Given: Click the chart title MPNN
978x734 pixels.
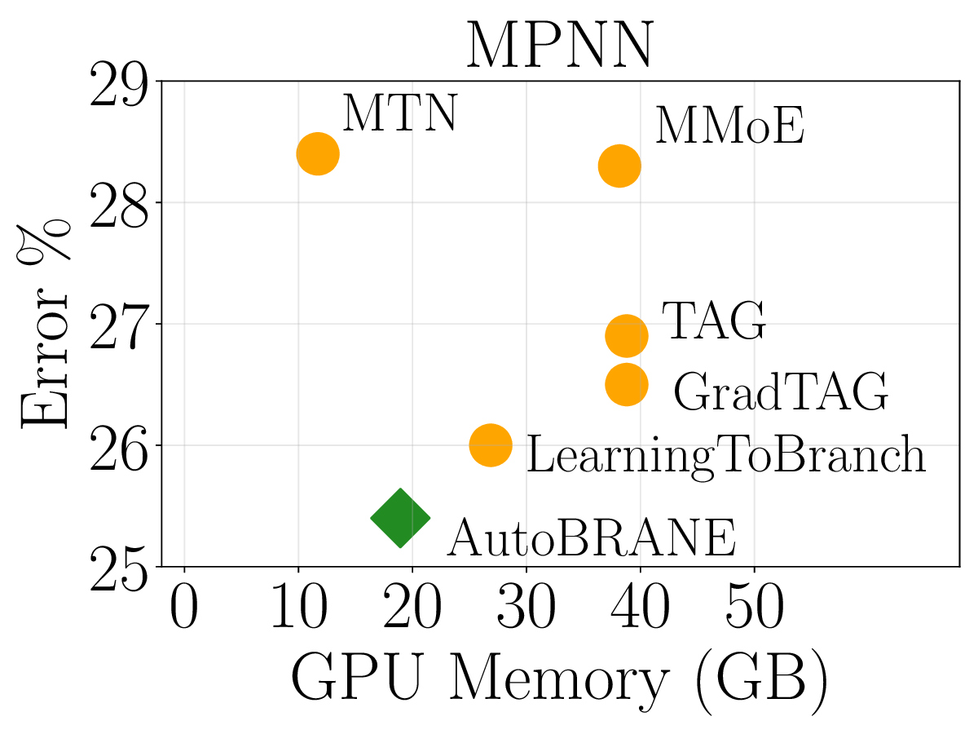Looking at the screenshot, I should [559, 47].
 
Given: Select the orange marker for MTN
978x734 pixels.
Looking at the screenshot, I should [318, 153].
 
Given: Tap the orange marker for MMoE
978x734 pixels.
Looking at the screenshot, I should [619, 166].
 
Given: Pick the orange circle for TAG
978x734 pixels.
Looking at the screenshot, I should [627, 335].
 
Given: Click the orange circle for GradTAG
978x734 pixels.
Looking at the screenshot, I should [627, 384].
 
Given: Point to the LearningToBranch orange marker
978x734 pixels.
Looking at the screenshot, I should [491, 445].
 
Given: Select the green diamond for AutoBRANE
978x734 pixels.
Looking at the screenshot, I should [400, 518].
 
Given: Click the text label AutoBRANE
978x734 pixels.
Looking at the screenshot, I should [591, 537].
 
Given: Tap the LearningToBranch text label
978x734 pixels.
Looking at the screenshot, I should [725, 455].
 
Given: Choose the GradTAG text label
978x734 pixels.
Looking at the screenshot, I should [780, 392].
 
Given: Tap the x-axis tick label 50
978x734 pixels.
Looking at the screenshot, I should [753, 610].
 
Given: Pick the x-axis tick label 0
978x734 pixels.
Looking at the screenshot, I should [185, 610].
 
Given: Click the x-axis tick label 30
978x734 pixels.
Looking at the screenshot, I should [526, 610].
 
